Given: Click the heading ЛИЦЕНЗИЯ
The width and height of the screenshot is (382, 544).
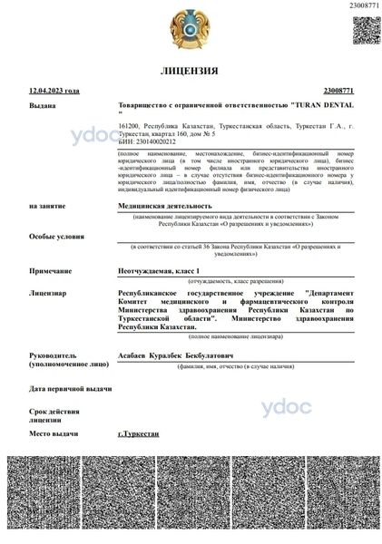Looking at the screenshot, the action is tap(190, 70).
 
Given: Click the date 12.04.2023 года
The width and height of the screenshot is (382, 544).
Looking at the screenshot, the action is tap(54, 91).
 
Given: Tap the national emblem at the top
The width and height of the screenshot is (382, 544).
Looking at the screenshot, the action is tap(191, 29).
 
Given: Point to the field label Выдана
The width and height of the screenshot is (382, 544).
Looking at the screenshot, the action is tap(42, 105).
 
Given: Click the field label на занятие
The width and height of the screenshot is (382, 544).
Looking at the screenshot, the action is tap(47, 206).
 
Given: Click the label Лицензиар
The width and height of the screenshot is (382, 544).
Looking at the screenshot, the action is tap(47, 294).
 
